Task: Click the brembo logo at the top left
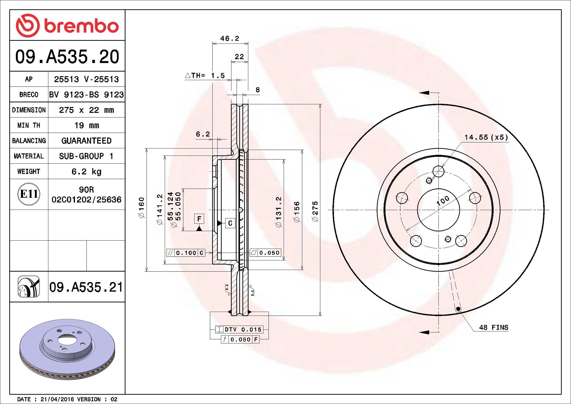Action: [67, 26]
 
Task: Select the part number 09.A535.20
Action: [67, 57]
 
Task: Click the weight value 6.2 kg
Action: [86, 171]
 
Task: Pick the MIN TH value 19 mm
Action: [86, 125]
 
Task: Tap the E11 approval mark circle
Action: [29, 194]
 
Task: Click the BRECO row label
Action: [29, 94]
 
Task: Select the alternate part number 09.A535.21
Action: [86, 287]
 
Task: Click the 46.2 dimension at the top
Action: [230, 39]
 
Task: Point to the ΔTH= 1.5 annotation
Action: [205, 75]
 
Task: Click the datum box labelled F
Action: [199, 219]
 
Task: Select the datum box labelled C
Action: [230, 223]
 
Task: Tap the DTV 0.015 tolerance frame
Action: [239, 329]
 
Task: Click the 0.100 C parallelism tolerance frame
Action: [186, 253]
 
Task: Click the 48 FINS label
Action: [493, 327]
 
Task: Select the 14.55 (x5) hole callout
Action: [486, 137]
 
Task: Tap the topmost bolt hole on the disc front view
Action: [438, 171]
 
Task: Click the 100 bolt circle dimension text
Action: [443, 201]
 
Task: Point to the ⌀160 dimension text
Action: [141, 208]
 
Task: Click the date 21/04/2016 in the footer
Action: [57, 399]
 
